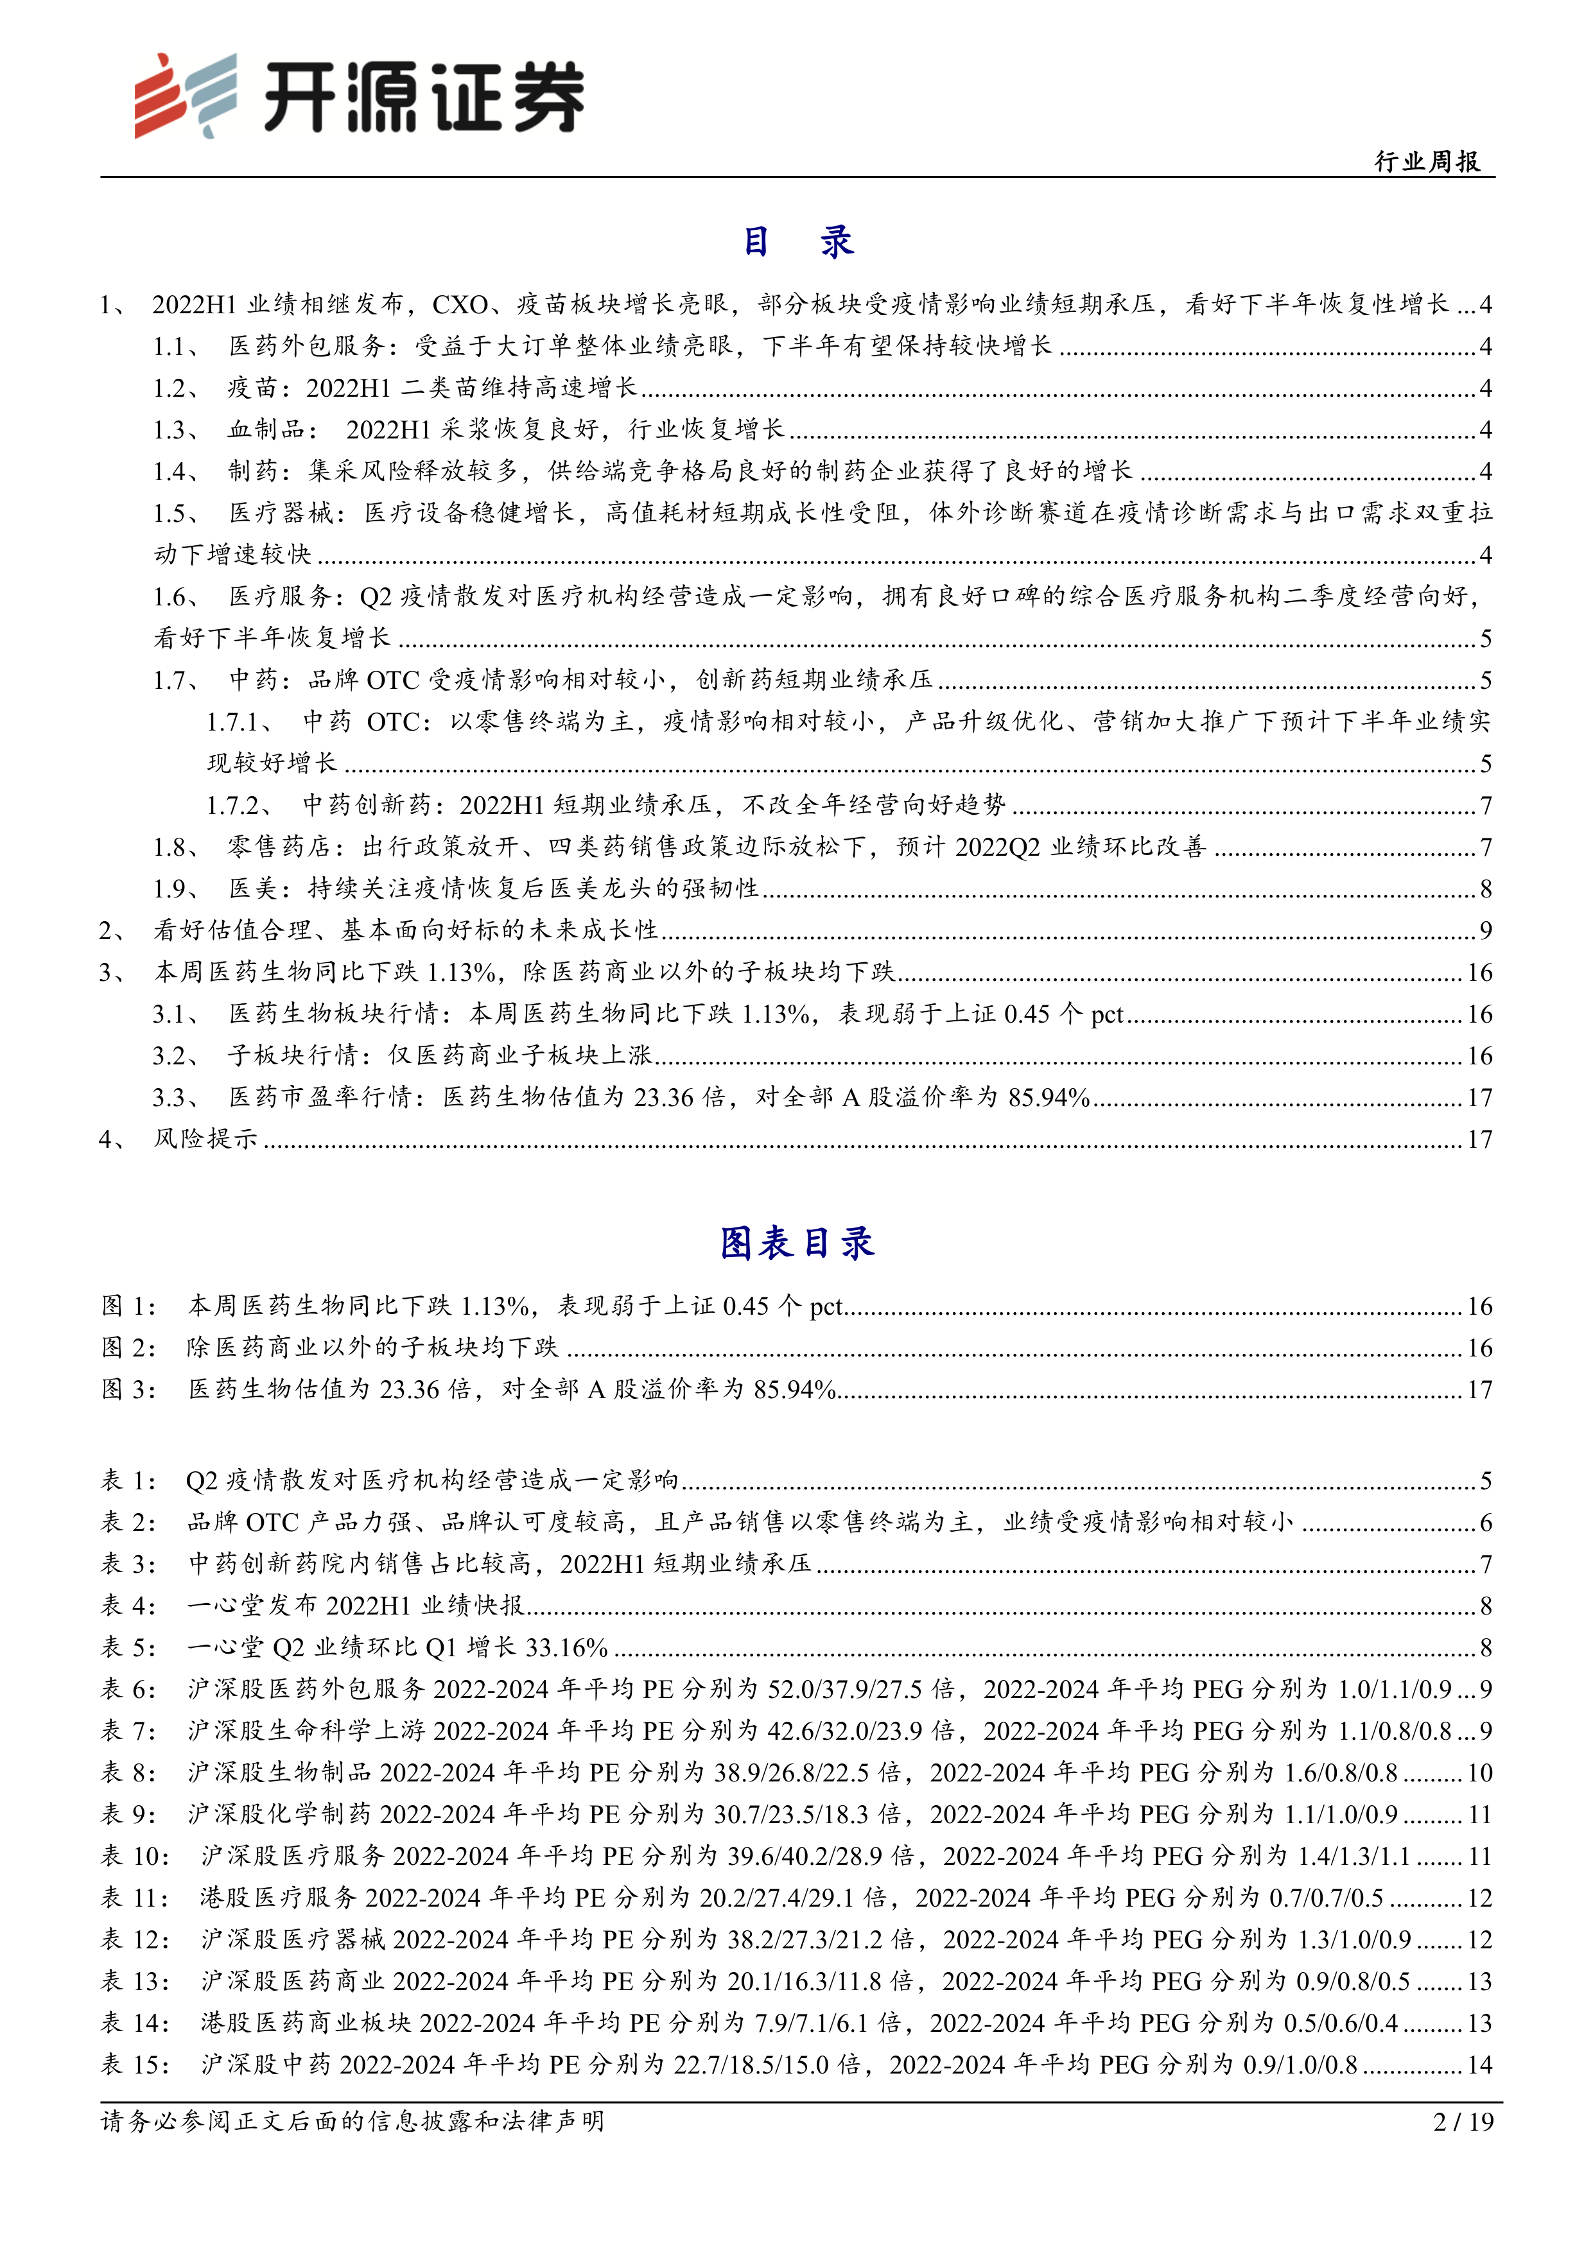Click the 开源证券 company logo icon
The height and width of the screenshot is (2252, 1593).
tap(186, 95)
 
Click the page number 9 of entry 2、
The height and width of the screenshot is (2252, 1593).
tap(1485, 930)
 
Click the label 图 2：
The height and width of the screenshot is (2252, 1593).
tap(128, 1347)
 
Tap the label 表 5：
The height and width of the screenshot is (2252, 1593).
tap(128, 1647)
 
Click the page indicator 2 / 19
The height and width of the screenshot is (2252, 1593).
tap(1463, 2122)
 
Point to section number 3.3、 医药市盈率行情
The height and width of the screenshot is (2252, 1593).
tap(177, 1098)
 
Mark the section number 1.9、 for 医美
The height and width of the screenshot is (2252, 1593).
tap(177, 888)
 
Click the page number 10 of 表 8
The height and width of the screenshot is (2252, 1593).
tap(1479, 1772)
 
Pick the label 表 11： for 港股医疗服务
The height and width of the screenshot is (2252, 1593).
tap(135, 1898)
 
